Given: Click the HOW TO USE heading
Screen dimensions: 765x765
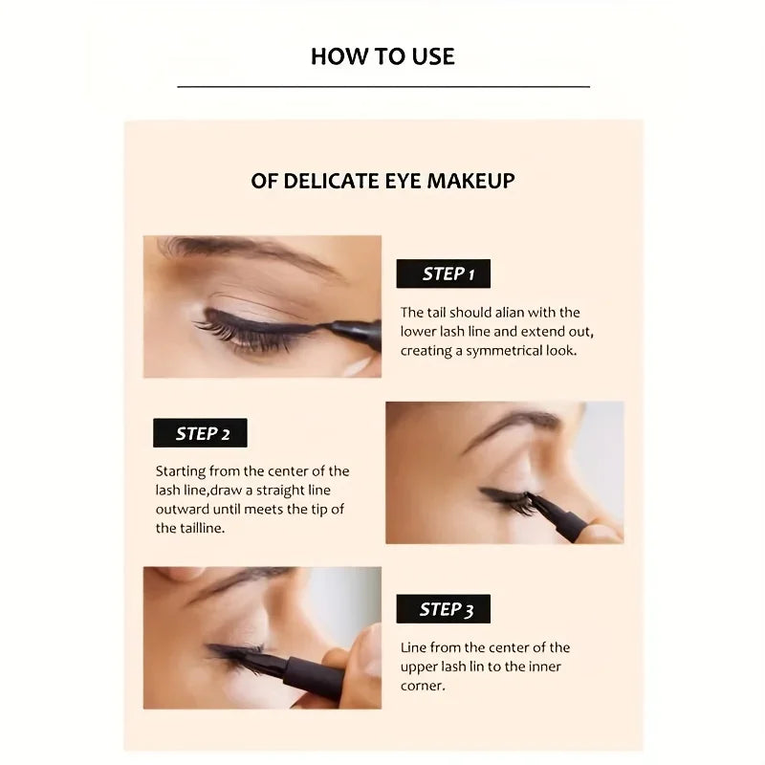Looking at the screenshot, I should point(382,56).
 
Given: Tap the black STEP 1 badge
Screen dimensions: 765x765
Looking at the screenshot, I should point(443,274).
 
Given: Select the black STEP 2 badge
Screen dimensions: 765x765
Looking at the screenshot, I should point(200,433).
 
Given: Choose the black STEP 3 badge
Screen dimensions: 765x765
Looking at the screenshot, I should point(442,609).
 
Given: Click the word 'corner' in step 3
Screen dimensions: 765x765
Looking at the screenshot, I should point(422,686).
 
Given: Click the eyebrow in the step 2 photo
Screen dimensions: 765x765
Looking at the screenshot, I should point(512,424).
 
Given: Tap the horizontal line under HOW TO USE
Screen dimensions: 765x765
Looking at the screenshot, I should point(382,87).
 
